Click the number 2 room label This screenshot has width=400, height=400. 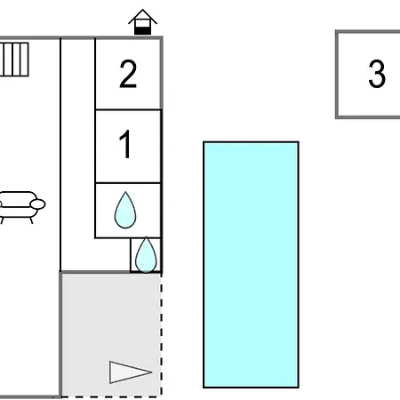[128, 74]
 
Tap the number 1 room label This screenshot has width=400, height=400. [126, 144]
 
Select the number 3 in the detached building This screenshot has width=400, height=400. [377, 74]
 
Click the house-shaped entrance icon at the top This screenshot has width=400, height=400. [142, 22]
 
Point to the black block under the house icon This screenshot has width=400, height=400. [142, 31]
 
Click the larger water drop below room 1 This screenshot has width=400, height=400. [125, 210]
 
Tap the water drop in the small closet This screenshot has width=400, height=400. [146, 255]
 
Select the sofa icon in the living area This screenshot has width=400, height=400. [21, 207]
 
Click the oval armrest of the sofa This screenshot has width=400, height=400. [37, 204]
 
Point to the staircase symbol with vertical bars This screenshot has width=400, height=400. [14, 60]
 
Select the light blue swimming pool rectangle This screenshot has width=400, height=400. [251, 265]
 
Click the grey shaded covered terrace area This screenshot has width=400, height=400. [111, 335]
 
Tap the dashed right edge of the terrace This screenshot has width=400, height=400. [162, 335]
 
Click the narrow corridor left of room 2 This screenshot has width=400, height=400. [78, 154]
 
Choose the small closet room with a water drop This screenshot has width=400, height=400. [146, 255]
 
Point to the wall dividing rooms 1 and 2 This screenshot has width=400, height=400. [128, 109]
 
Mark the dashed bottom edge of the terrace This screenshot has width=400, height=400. [111, 396]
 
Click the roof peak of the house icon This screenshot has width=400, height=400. [142, 10]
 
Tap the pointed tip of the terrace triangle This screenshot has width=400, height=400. [152, 372]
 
